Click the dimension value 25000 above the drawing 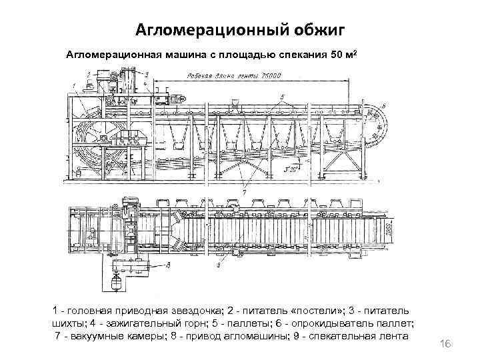(x=270, y=76)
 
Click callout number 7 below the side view (x=245, y=191)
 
